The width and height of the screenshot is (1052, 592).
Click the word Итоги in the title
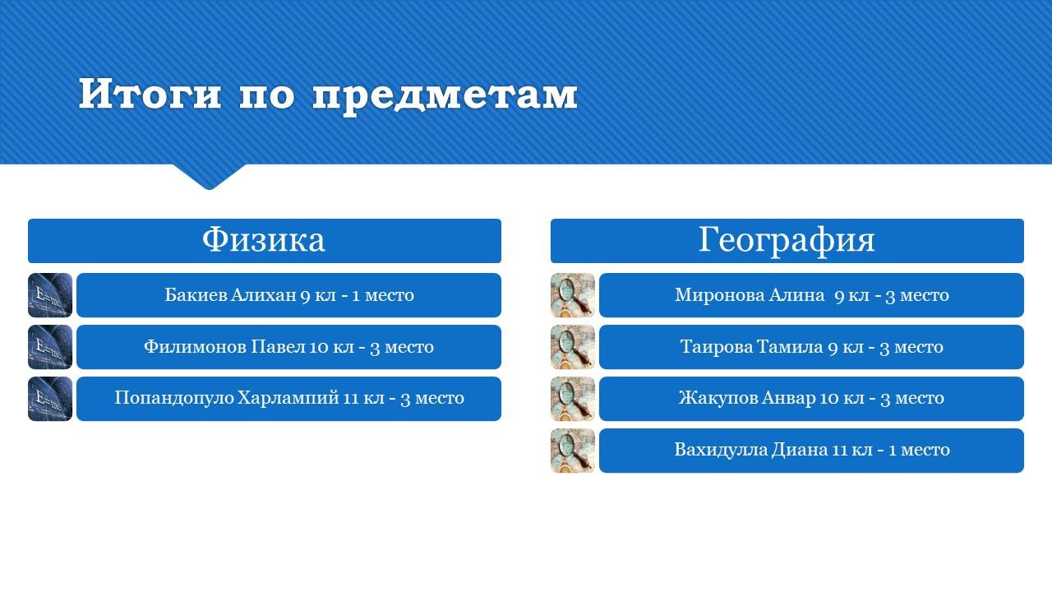150,94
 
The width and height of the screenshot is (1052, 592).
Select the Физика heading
264,239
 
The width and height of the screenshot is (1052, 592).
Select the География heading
787,240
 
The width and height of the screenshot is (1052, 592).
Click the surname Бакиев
196,294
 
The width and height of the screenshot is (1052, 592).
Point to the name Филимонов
195,346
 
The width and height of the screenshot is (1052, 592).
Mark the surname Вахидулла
721,450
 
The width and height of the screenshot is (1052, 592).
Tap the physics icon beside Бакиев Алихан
50,295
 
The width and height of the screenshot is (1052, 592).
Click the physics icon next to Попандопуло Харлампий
50,399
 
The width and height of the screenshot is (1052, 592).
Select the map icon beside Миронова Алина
573,295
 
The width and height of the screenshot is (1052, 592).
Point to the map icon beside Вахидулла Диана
573,450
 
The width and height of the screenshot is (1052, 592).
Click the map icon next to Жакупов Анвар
573,399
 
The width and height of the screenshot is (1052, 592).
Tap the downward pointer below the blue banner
210,177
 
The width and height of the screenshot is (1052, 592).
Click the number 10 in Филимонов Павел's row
318,347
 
